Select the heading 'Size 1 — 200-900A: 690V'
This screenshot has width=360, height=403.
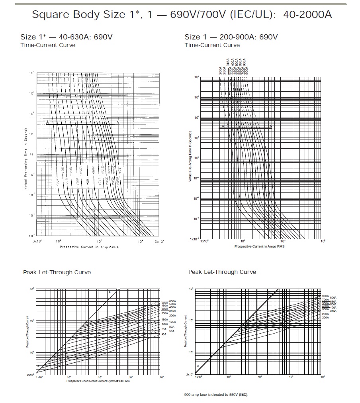[x=231, y=37]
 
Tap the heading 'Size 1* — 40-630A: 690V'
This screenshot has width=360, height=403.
[x=67, y=37]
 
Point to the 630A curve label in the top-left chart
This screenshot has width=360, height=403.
[x=118, y=170]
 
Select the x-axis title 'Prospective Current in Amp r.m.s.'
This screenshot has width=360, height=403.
[x=90, y=247]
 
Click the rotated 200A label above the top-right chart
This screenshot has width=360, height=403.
[x=220, y=71]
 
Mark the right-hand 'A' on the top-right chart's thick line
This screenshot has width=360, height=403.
[x=271, y=126]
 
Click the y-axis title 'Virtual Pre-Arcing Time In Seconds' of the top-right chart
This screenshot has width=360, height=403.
[x=190, y=156]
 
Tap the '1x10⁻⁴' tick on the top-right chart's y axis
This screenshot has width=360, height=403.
[x=194, y=239]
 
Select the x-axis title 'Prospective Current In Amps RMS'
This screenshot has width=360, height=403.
[x=259, y=246]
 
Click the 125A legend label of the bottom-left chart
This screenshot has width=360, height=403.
[x=172, y=321]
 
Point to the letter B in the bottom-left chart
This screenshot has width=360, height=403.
[x=110, y=293]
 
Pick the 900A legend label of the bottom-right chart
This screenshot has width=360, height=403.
[x=325, y=296]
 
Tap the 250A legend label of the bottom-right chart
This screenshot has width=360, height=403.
[x=325, y=314]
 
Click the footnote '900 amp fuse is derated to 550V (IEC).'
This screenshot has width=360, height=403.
[x=216, y=395]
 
